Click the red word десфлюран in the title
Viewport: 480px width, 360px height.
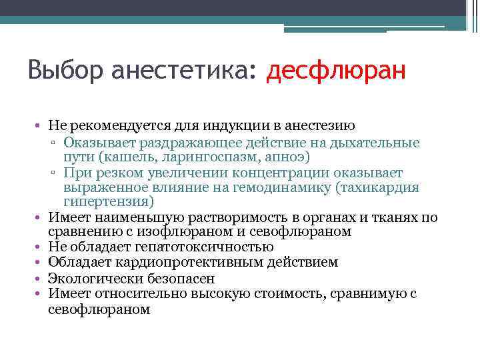click(x=335, y=71)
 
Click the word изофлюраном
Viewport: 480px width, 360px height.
click(x=202, y=232)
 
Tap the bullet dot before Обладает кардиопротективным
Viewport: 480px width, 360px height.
click(x=41, y=263)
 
